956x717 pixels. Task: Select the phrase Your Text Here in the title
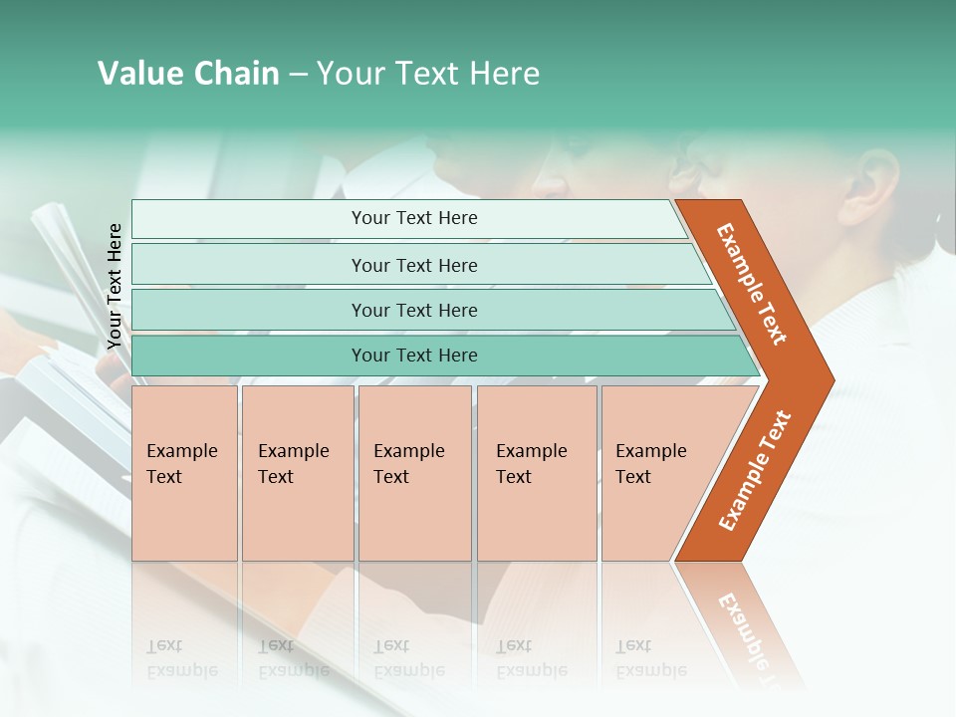tap(428, 74)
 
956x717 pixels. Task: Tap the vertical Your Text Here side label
tap(115, 287)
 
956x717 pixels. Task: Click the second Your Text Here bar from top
tap(413, 265)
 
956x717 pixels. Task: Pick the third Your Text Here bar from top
tap(413, 310)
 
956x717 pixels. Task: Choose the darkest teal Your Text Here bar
tap(413, 356)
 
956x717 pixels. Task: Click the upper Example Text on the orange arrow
tap(752, 284)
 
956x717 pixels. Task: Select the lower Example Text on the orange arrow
tap(755, 471)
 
